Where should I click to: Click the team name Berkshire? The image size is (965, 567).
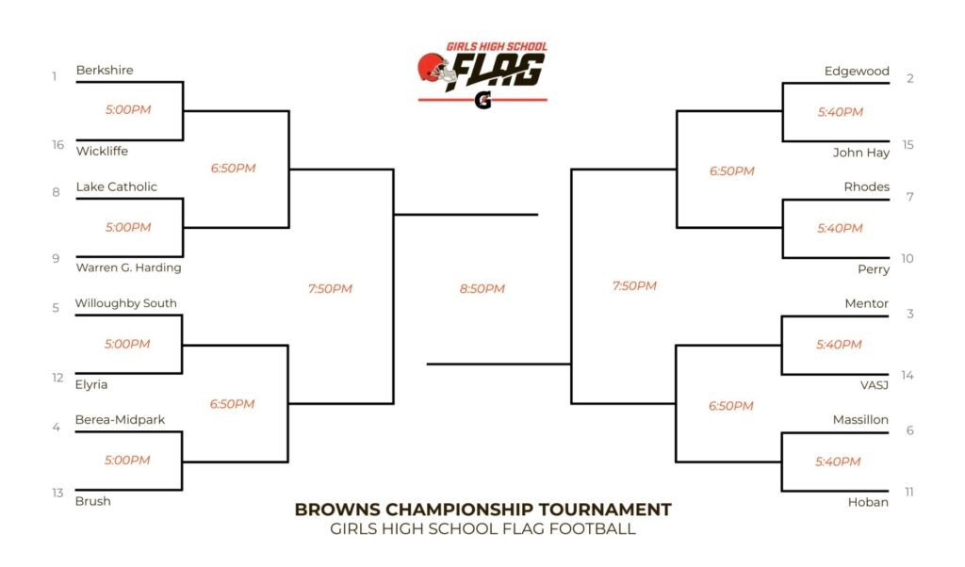(x=105, y=70)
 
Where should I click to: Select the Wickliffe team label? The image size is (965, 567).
(x=102, y=152)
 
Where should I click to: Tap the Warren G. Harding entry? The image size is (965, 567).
(x=128, y=267)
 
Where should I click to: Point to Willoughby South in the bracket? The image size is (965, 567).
(x=126, y=303)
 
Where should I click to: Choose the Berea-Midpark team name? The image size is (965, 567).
(x=120, y=420)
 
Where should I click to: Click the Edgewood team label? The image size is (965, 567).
(x=857, y=72)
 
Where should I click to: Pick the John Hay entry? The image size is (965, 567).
(x=861, y=153)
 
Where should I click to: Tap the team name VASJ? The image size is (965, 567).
(x=875, y=385)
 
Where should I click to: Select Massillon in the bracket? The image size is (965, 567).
(x=860, y=420)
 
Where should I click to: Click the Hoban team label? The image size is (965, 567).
(x=868, y=502)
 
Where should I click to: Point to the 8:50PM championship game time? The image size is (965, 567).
(x=482, y=289)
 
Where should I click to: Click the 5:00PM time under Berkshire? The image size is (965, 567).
(x=128, y=110)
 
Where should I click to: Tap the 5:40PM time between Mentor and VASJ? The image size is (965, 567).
(x=839, y=345)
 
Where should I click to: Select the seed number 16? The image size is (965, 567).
(x=57, y=145)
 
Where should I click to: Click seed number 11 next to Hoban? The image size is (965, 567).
(x=909, y=492)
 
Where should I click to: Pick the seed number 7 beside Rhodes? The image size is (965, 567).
(x=909, y=198)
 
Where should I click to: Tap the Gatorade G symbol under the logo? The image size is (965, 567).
(x=483, y=100)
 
